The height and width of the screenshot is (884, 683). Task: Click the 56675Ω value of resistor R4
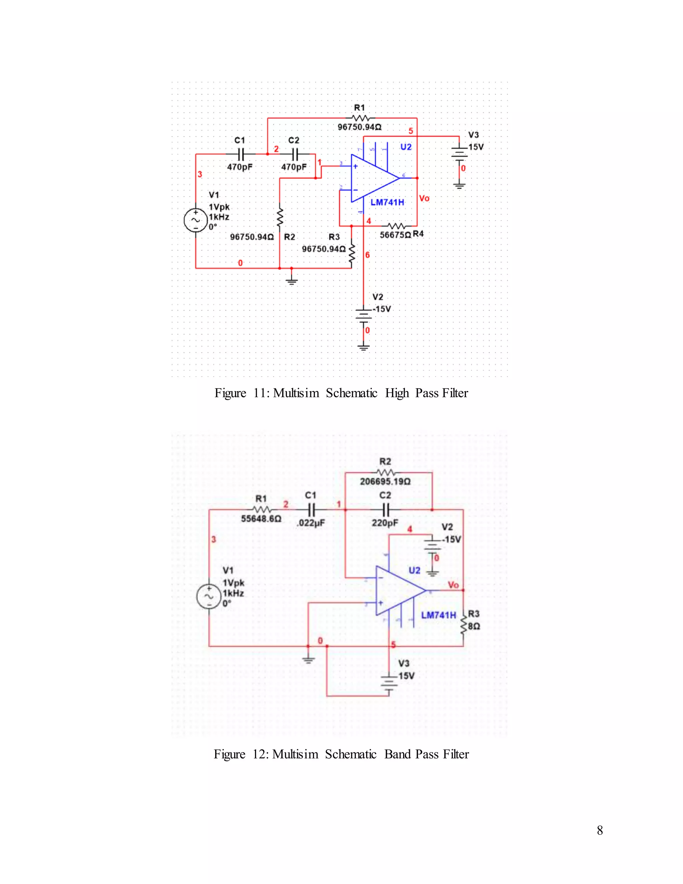[x=395, y=235]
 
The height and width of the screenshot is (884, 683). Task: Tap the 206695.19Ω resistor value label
[x=385, y=481]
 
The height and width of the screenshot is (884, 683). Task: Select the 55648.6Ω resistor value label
[x=261, y=518]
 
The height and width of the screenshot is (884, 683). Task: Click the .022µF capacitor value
[x=311, y=523]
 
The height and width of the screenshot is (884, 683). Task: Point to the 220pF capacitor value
[x=385, y=523]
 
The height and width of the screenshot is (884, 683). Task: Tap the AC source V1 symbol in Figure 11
[x=196, y=220]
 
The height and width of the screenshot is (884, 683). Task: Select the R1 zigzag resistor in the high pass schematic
[x=360, y=118]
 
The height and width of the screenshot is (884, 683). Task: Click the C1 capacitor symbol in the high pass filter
[x=240, y=154]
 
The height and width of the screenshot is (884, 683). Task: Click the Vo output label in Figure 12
[x=453, y=585]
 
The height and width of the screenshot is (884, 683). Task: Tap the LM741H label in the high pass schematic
[x=387, y=202]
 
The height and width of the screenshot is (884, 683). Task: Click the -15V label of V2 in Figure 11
[x=382, y=309]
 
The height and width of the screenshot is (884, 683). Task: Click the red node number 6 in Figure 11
[x=368, y=255]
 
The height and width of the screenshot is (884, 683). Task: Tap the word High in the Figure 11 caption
[x=397, y=393]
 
